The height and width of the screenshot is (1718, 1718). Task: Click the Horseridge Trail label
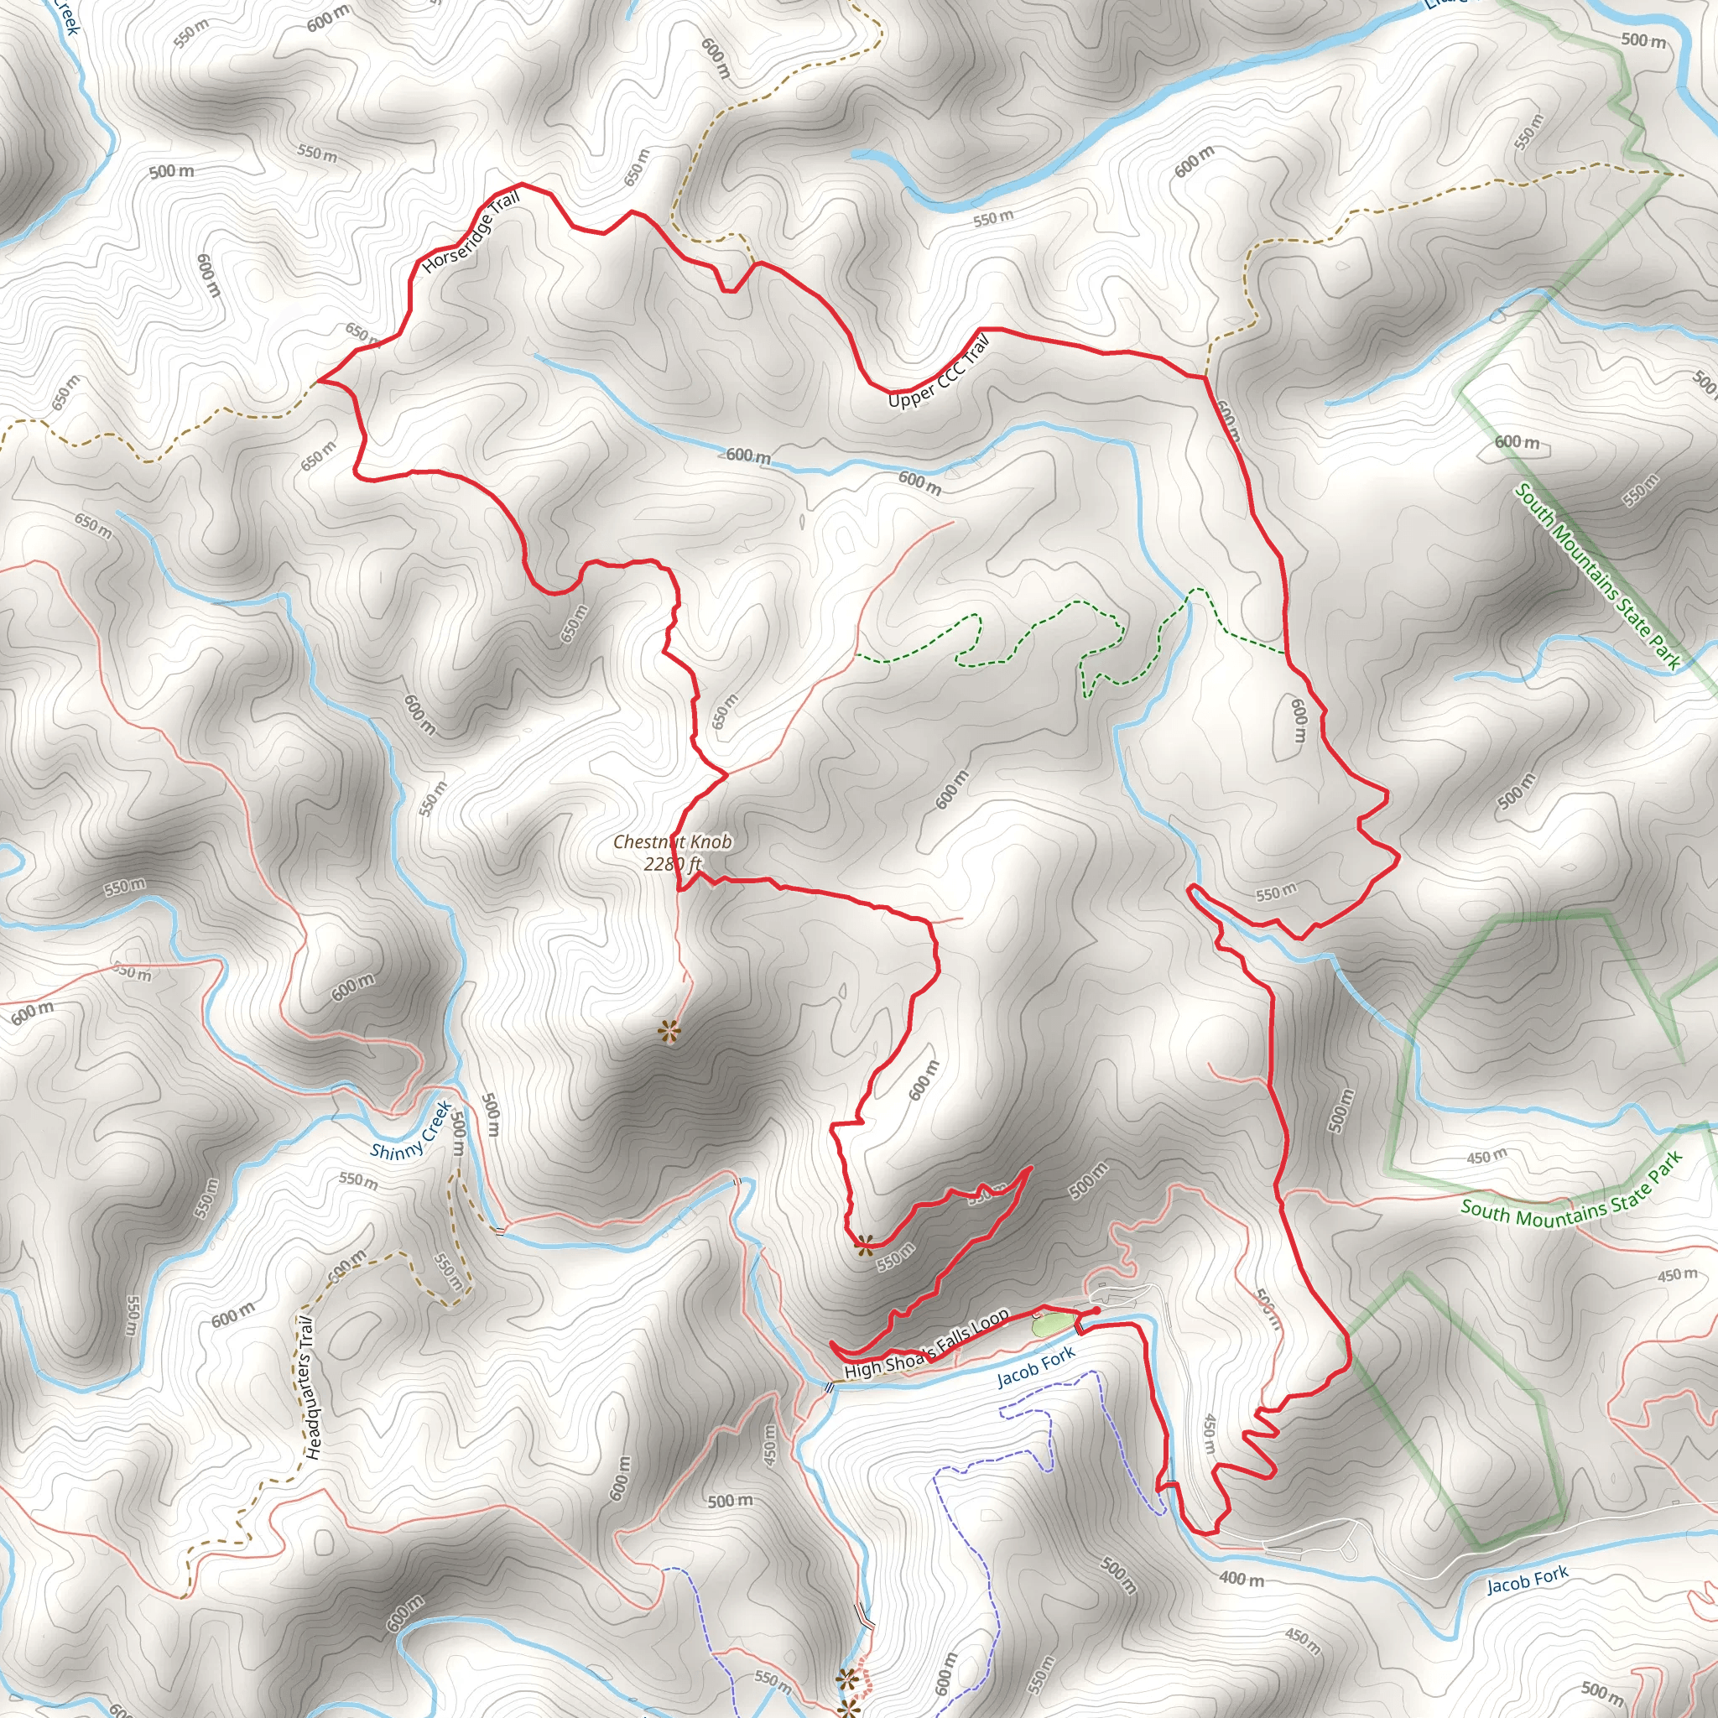471,233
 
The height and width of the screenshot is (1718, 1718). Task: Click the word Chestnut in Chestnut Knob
646,841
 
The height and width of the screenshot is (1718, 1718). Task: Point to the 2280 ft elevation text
672,863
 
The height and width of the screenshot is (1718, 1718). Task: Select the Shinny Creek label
412,1132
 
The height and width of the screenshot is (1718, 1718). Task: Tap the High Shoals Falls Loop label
927,1344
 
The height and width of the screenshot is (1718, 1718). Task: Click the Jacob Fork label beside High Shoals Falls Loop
1036,1367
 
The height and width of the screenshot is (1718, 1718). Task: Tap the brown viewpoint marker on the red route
863,1245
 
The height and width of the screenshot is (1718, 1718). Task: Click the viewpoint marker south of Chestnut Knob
669,1033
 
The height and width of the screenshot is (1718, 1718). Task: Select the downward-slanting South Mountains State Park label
1598,576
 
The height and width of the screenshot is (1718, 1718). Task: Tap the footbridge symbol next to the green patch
1079,1328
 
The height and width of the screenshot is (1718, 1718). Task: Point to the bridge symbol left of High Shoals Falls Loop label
828,1387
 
